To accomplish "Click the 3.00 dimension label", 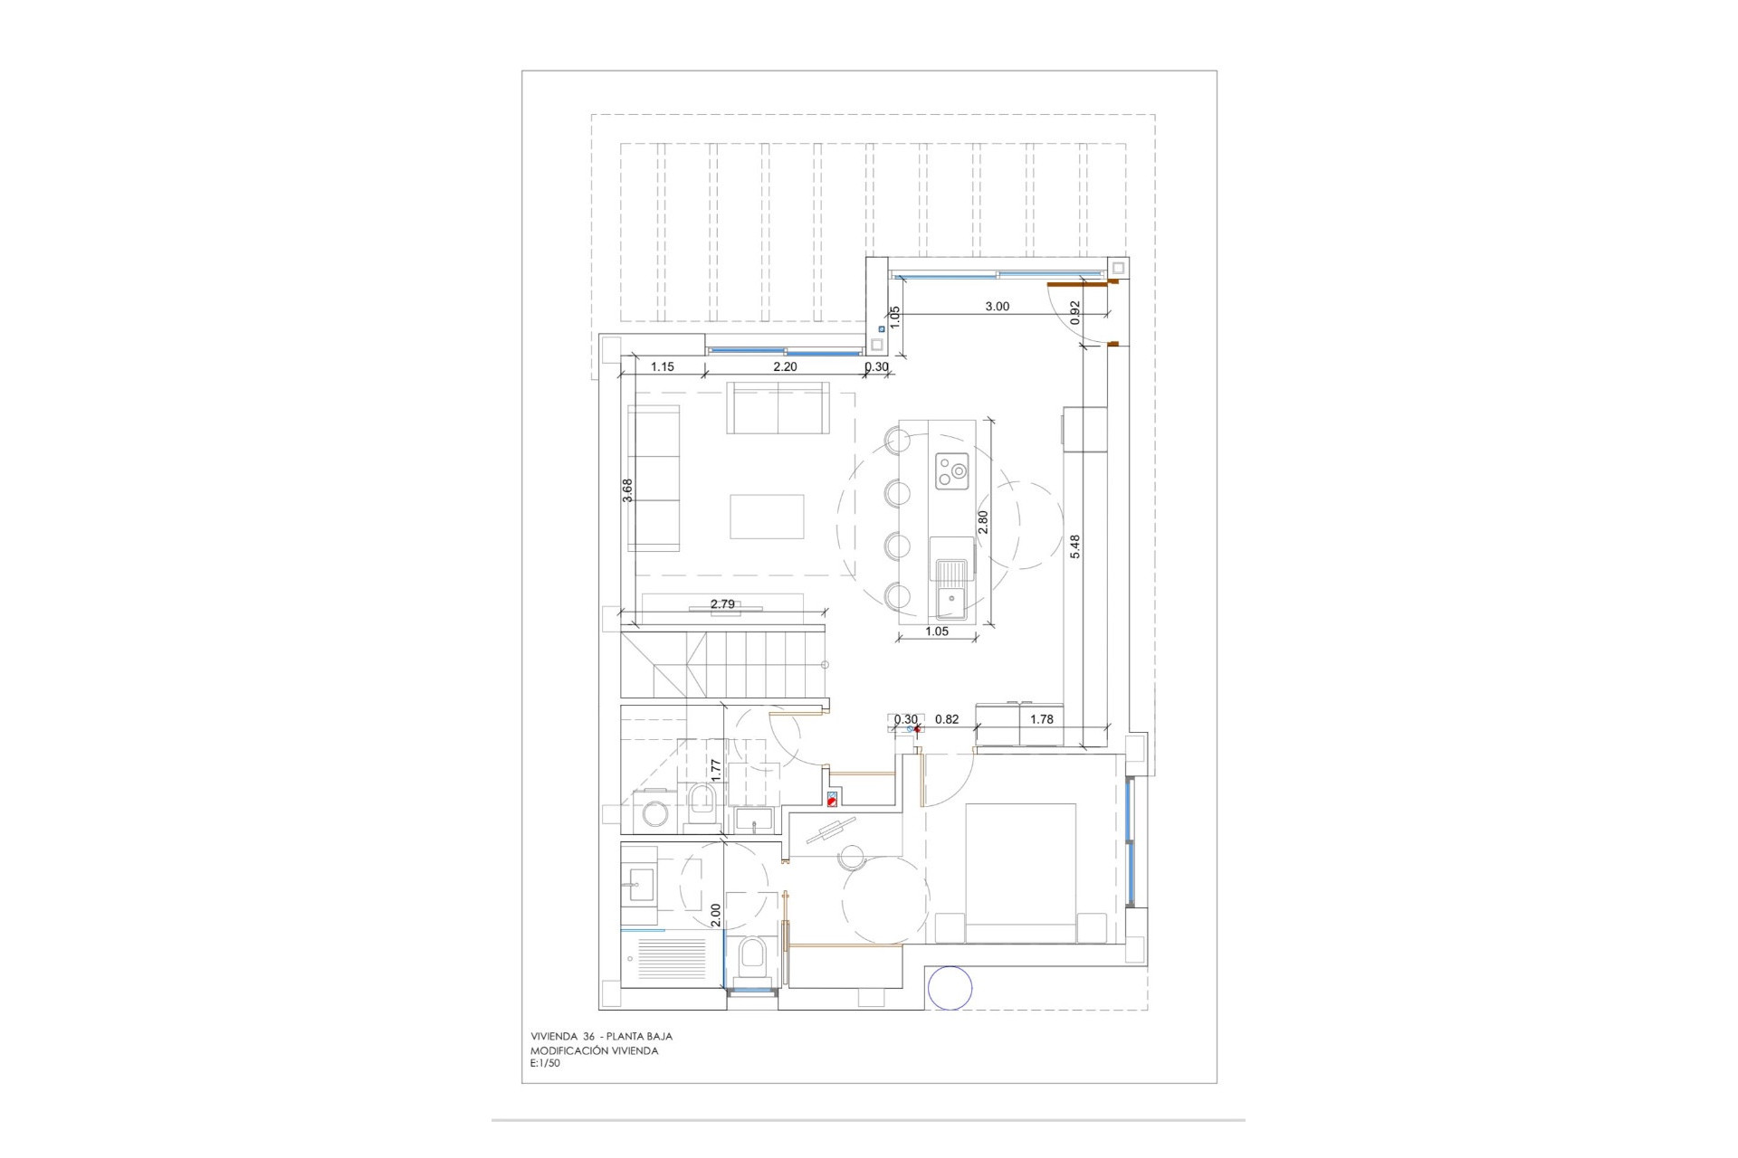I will (x=997, y=307).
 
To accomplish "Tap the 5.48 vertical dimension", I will (x=1075, y=546).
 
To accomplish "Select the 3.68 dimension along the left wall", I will (x=627, y=489).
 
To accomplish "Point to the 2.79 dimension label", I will (x=722, y=604).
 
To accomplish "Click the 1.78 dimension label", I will (x=1042, y=719).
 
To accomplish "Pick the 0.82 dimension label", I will (x=947, y=719).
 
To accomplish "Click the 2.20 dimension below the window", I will (x=785, y=367).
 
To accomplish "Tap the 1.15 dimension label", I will (x=663, y=367).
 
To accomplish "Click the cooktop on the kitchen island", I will (x=952, y=470).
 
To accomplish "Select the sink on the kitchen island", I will (x=950, y=588).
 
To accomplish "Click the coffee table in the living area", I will (x=767, y=517).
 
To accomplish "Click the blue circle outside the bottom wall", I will (x=950, y=988).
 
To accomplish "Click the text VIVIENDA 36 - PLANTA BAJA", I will (x=601, y=1037).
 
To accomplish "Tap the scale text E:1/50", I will (x=545, y=1064).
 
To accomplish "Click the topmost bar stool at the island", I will (x=898, y=441).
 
